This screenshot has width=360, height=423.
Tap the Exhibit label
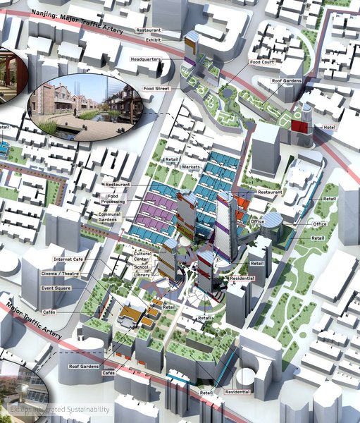pyautogui.click(x=152, y=39)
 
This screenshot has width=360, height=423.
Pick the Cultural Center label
pyautogui.click(x=144, y=255)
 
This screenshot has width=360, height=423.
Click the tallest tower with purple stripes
pyautogui.click(x=227, y=226)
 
